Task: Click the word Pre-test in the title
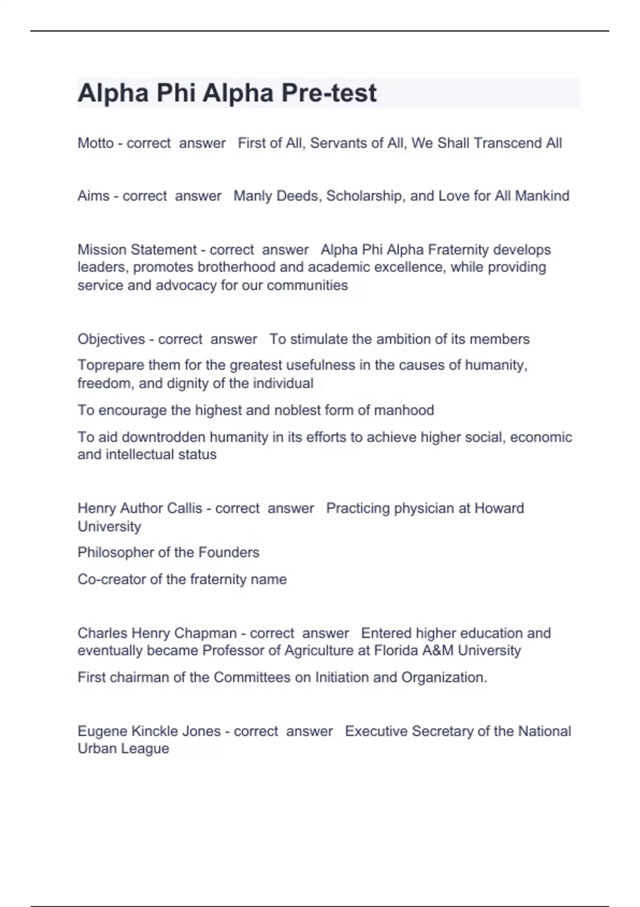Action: pos(329,93)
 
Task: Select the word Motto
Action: pos(95,143)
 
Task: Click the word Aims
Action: pos(93,196)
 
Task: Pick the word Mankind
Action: pos(542,196)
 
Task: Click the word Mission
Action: pos(102,250)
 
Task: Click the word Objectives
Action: pos(111,339)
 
